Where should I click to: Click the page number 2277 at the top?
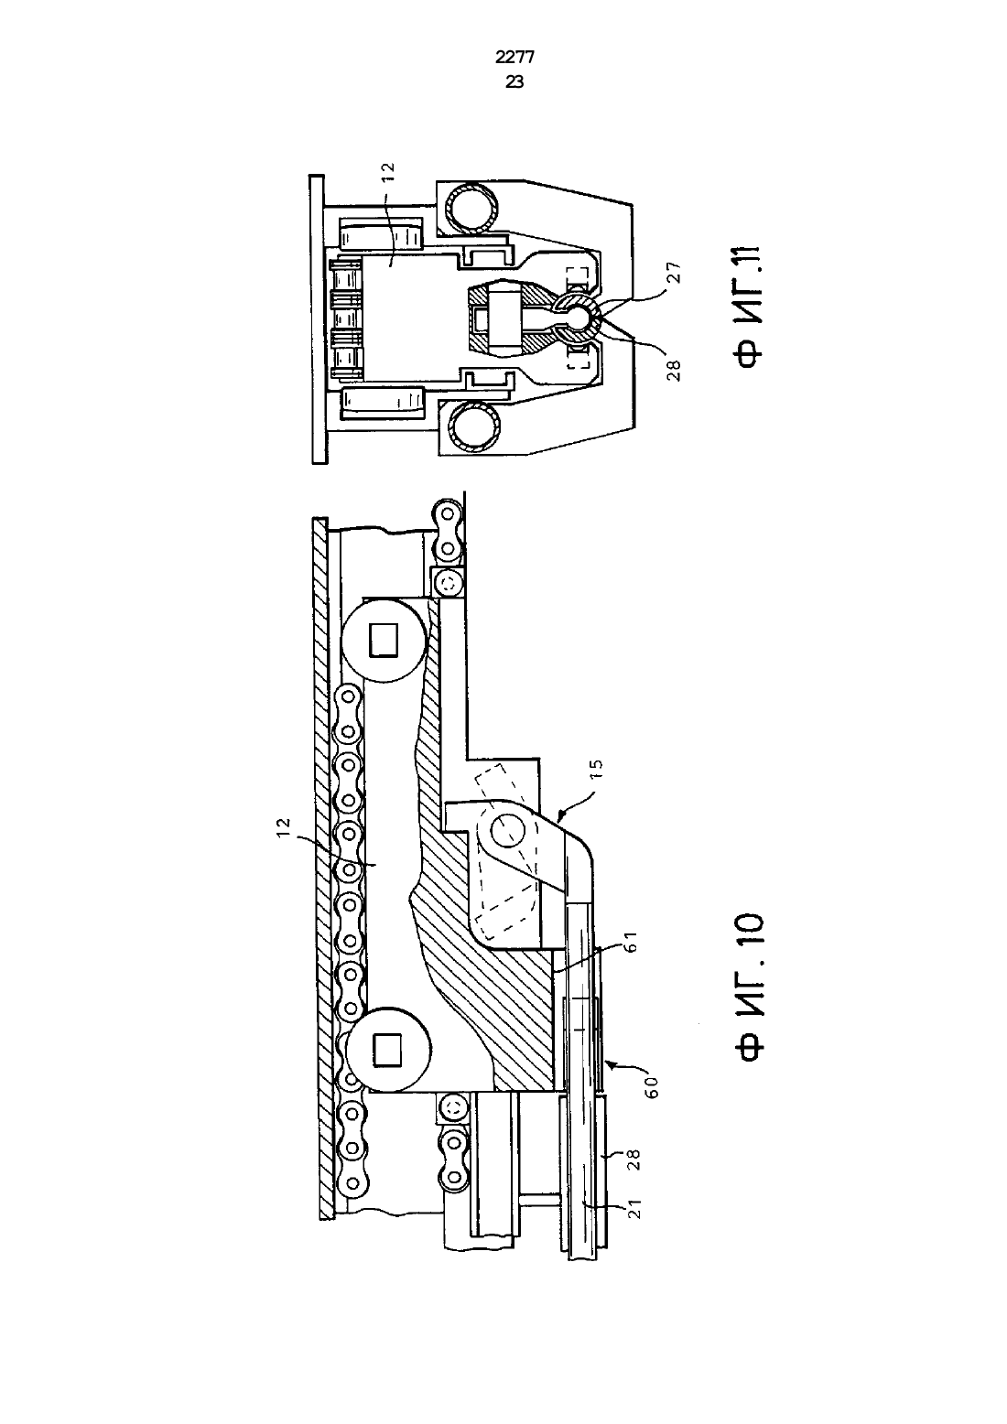point(514,58)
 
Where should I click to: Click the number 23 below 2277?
point(514,81)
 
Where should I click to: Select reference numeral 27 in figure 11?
point(675,272)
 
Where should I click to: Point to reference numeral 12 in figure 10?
point(283,827)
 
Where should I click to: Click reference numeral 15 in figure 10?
point(596,770)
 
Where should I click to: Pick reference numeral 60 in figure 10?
point(651,1087)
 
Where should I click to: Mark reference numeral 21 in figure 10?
point(634,1208)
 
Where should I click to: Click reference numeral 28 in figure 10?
point(633,1160)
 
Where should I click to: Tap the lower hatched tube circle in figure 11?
point(473,427)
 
